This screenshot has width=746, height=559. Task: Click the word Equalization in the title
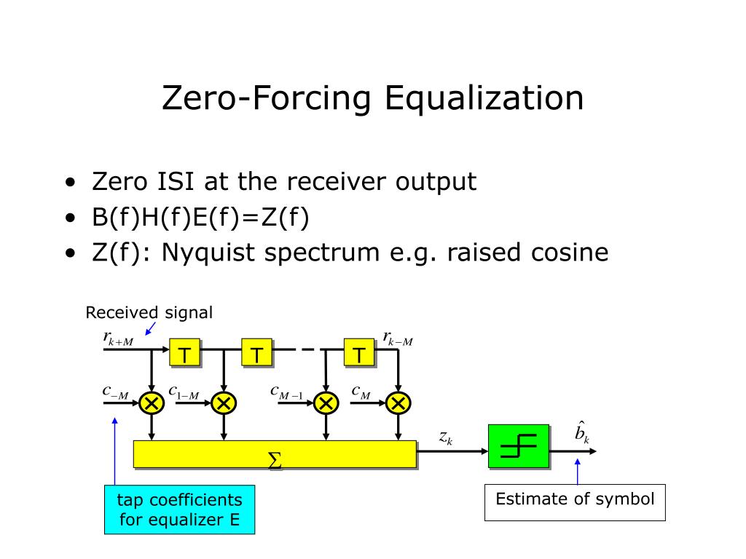click(x=484, y=99)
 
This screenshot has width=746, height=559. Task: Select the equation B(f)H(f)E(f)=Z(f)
click(x=200, y=217)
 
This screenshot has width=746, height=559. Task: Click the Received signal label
click(x=149, y=313)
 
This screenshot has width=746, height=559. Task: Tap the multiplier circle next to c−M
click(x=152, y=402)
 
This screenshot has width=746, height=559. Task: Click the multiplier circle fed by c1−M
click(x=224, y=402)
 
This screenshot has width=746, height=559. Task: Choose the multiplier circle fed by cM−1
click(x=326, y=402)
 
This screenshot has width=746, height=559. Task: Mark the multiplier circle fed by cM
click(x=398, y=402)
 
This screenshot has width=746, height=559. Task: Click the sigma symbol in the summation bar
click(x=275, y=460)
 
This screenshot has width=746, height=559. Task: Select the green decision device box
click(x=519, y=445)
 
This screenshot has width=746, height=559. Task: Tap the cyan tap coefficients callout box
click(x=179, y=510)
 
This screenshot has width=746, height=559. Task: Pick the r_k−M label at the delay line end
click(x=398, y=338)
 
